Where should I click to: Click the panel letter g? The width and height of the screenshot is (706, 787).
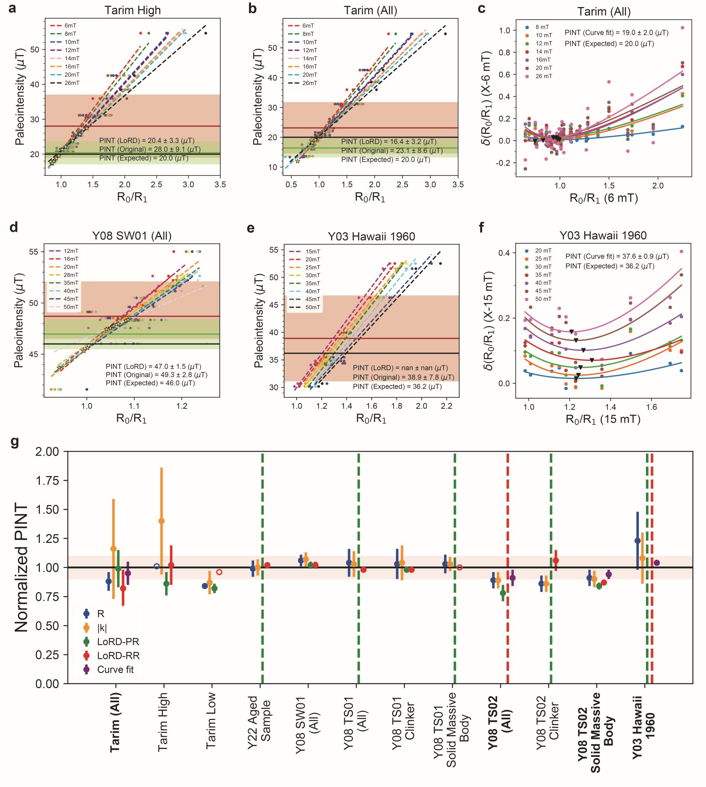pos(14,443)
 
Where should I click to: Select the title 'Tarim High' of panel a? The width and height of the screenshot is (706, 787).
pos(132,11)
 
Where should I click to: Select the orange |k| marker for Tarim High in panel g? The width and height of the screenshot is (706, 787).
pos(162,521)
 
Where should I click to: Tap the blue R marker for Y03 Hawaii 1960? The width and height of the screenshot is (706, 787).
pos(637,541)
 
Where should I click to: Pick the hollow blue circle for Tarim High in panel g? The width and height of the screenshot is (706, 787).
pos(156,566)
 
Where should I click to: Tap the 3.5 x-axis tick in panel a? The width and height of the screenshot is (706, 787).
pos(220,185)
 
